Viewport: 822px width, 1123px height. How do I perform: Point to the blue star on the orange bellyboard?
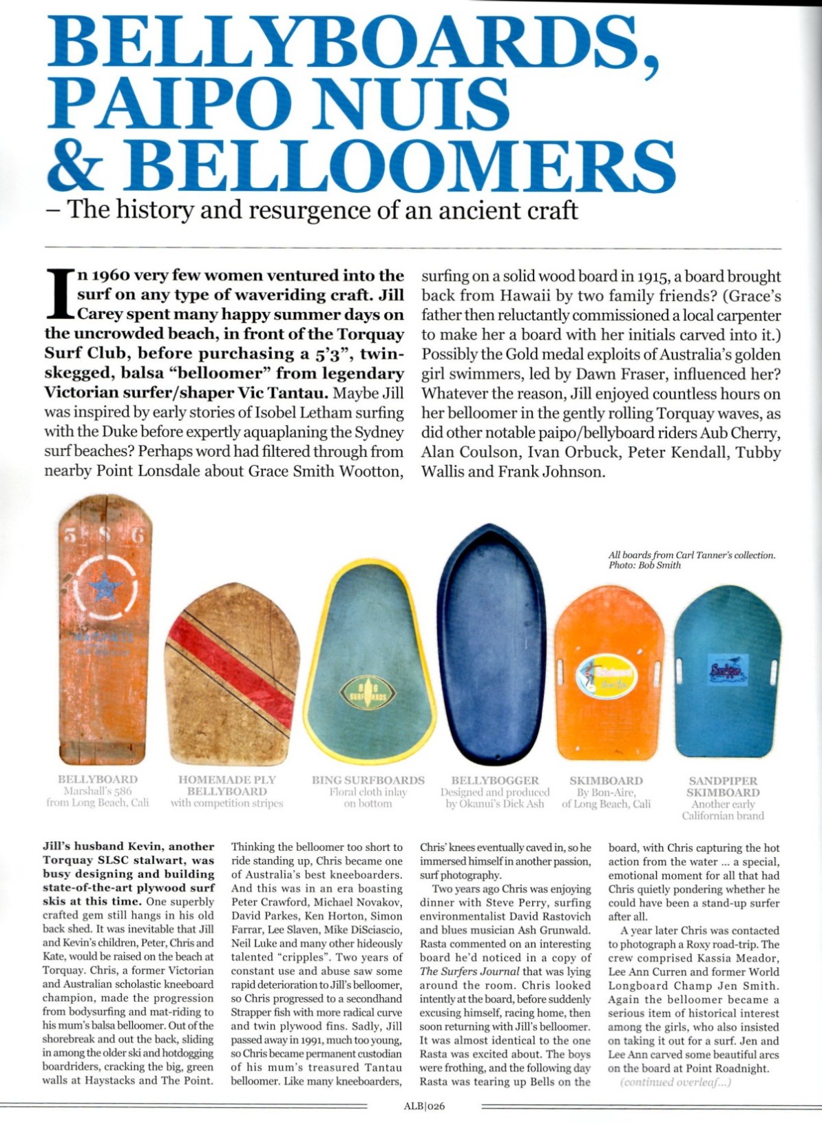point(105,588)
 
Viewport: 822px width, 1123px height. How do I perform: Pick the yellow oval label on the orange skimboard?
point(607,675)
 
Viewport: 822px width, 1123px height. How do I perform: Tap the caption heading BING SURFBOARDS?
point(368,781)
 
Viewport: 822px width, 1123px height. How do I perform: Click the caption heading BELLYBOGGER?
point(495,781)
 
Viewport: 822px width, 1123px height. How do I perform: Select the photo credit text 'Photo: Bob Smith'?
point(644,566)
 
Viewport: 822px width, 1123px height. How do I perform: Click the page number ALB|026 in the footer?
point(424,1107)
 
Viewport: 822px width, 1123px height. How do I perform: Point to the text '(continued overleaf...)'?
point(675,1082)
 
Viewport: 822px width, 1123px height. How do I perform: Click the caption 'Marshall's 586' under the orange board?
point(98,792)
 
